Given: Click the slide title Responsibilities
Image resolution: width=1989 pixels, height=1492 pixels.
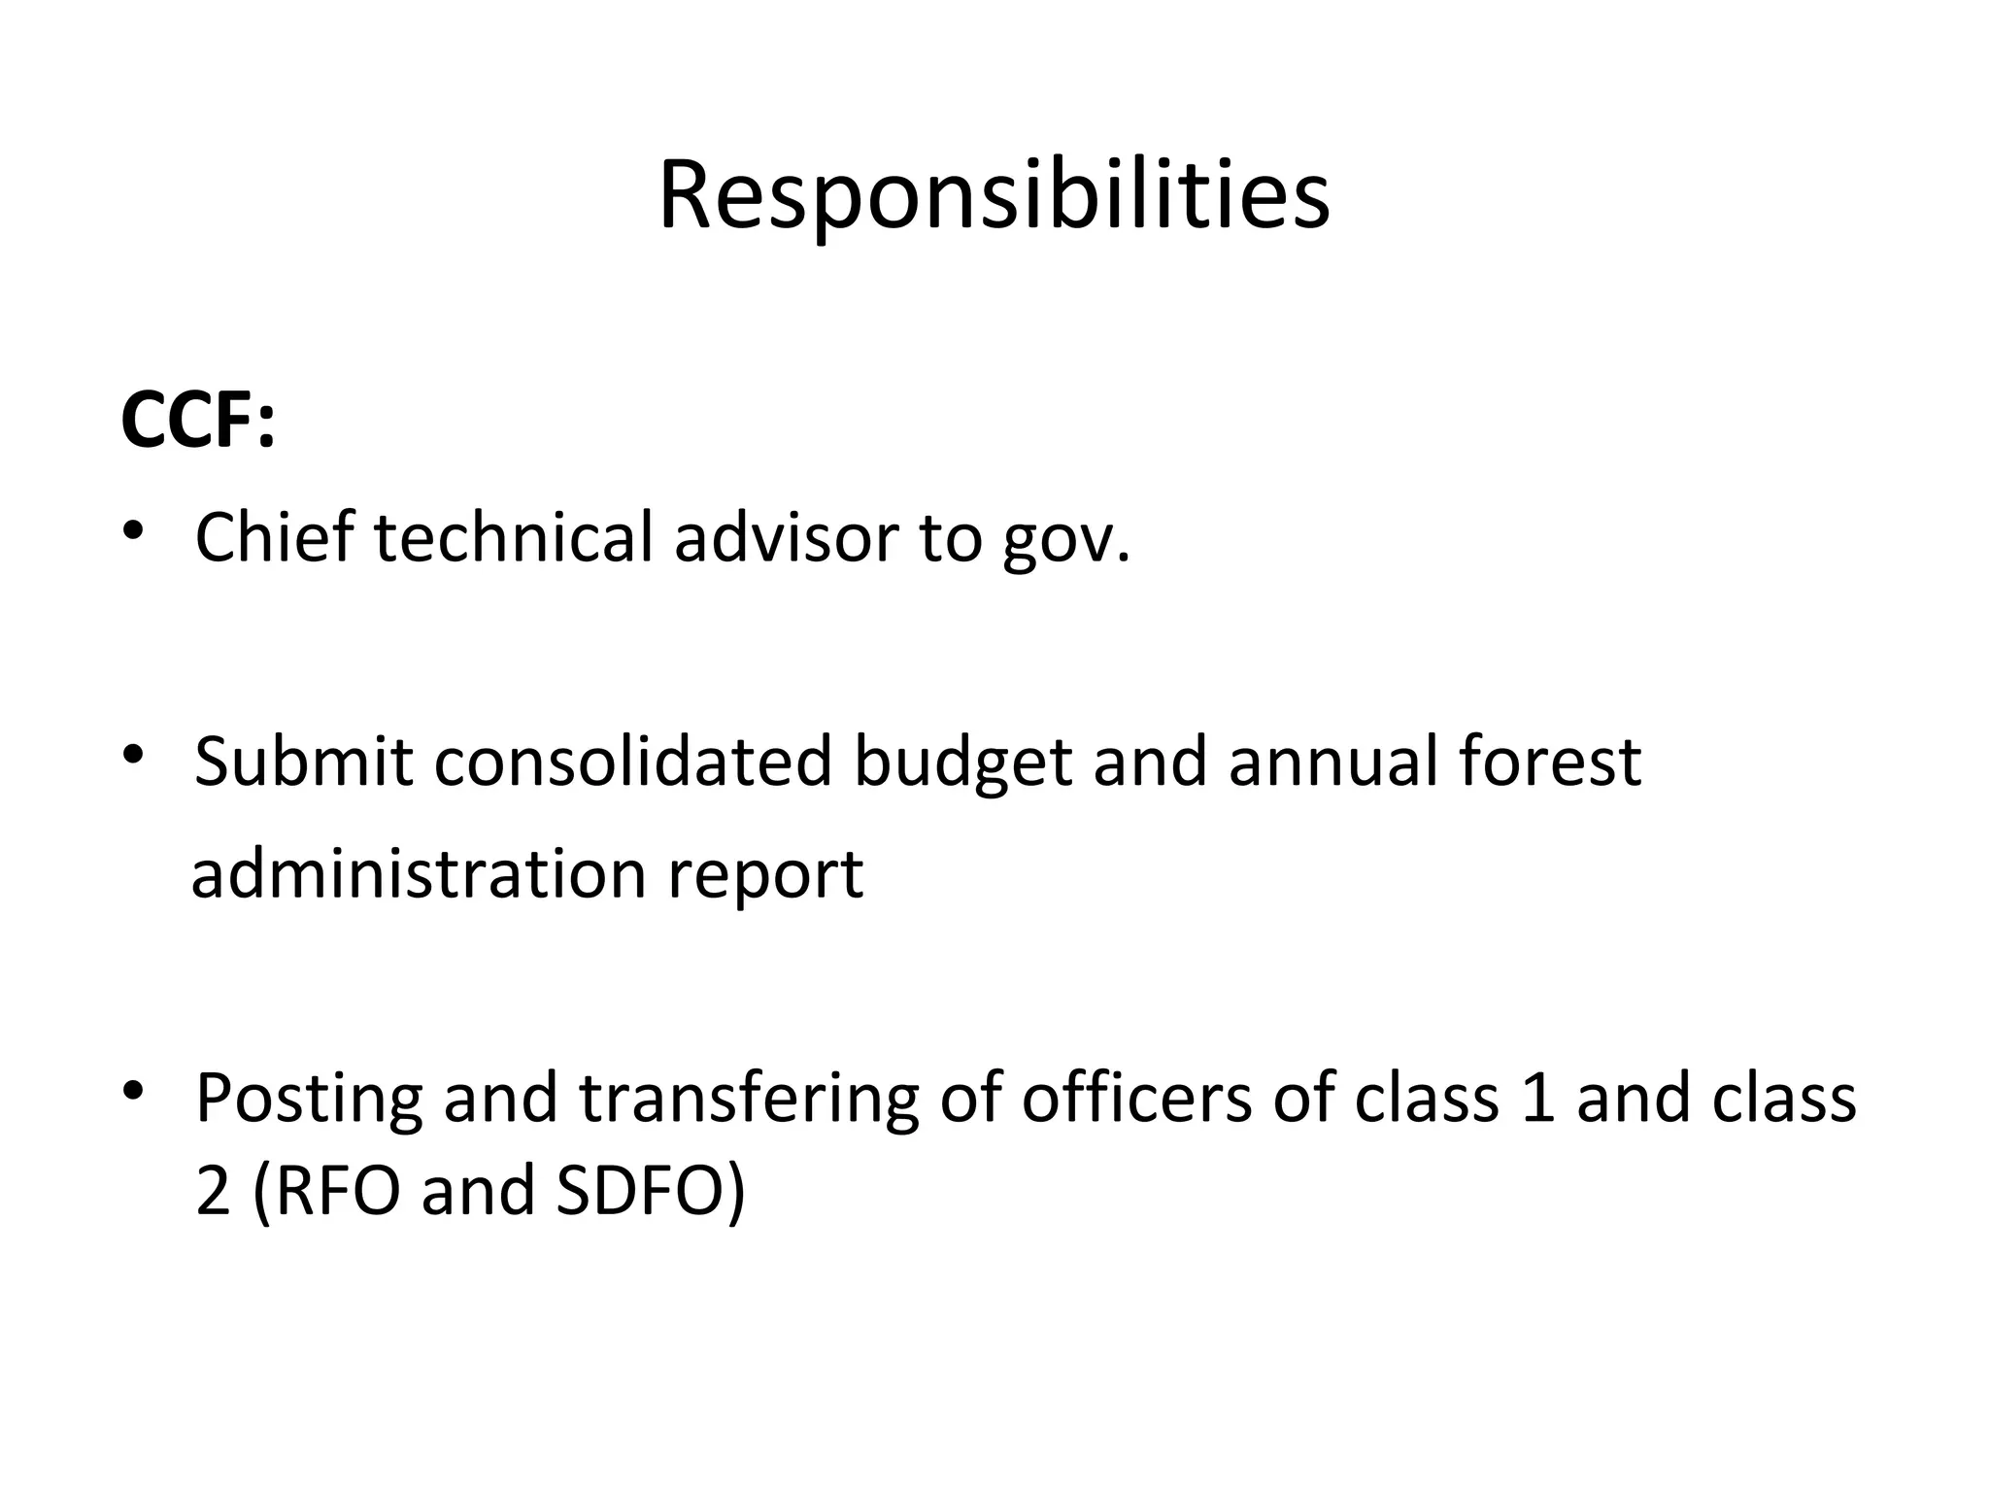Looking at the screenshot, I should (994, 197).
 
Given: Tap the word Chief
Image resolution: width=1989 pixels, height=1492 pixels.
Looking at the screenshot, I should (275, 537).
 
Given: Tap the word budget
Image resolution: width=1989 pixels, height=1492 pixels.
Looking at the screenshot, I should (962, 763).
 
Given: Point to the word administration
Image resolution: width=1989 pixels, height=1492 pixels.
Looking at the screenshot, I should (419, 873).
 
